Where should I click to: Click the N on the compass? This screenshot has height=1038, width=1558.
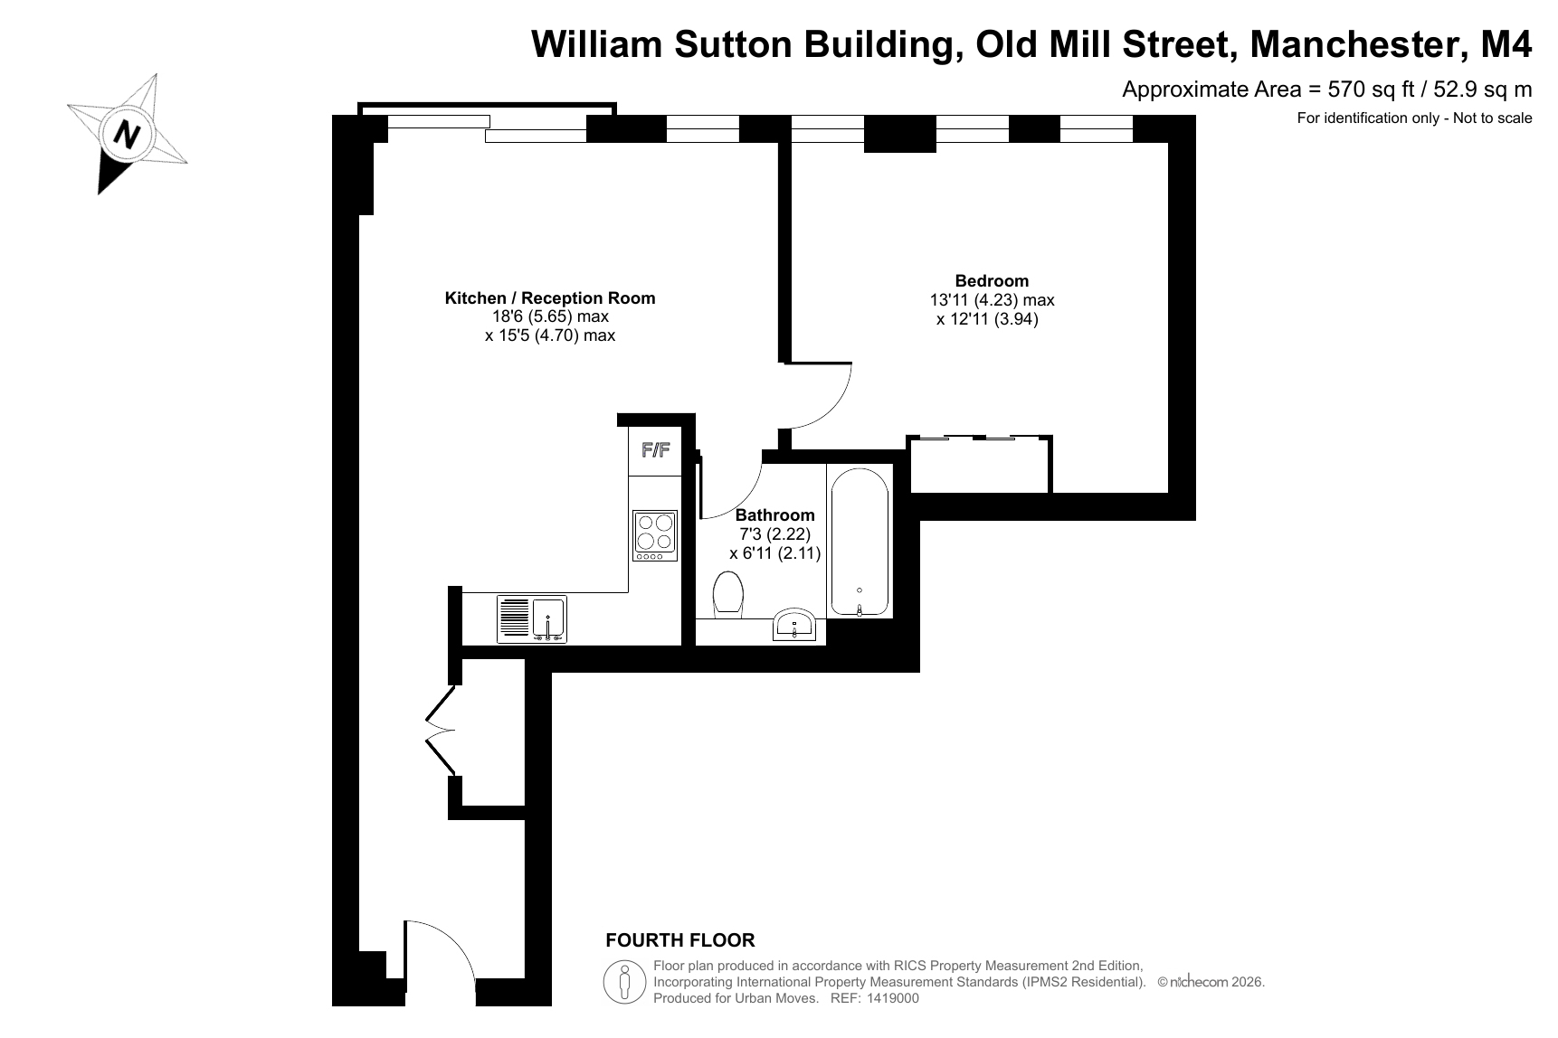pyautogui.click(x=127, y=135)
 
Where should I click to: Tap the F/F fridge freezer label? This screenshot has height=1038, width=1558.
pyautogui.click(x=655, y=449)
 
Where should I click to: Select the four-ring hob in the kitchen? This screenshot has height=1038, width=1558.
pyautogui.click(x=655, y=534)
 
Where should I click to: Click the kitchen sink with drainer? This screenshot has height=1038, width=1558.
pyautogui.click(x=532, y=618)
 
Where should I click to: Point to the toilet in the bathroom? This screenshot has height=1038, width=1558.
pyautogui.click(x=728, y=596)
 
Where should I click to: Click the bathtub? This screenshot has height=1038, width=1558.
pyautogui.click(x=859, y=543)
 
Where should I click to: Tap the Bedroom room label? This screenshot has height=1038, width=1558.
pyautogui.click(x=992, y=280)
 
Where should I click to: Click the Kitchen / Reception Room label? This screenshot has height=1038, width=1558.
pyautogui.click(x=550, y=297)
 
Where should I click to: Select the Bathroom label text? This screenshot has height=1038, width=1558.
pyautogui.click(x=774, y=515)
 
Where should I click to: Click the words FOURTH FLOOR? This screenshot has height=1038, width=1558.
pyautogui.click(x=680, y=940)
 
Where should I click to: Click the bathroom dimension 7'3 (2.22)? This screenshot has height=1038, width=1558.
pyautogui.click(x=774, y=534)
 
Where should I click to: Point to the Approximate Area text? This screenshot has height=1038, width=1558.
pyautogui.click(x=1327, y=89)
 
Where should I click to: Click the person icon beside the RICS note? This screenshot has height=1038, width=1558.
pyautogui.click(x=624, y=981)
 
